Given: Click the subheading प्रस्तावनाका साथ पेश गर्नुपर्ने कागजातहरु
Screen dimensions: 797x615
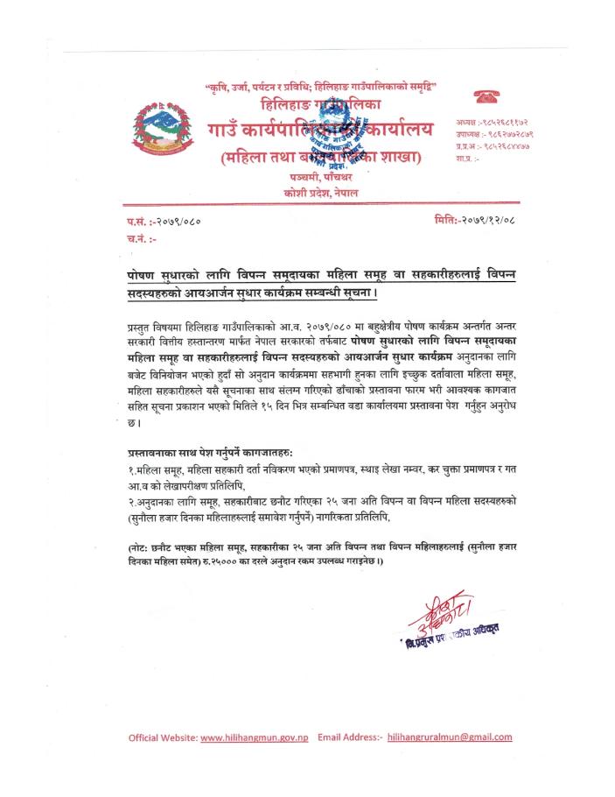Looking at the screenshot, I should coord(210,451).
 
